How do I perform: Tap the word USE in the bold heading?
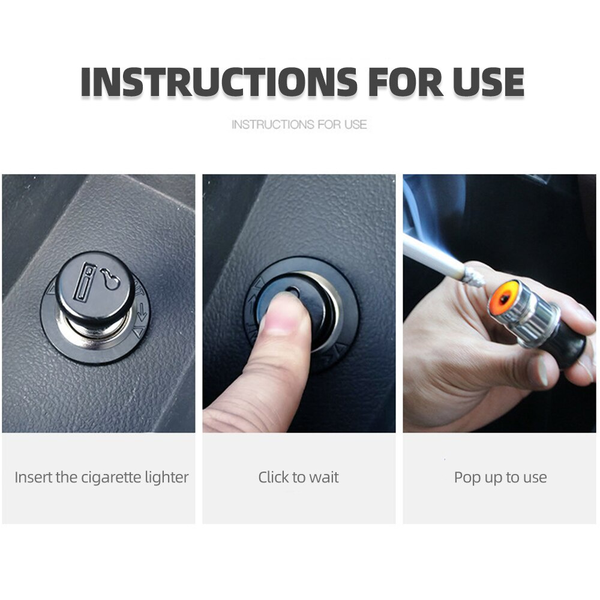click(488, 82)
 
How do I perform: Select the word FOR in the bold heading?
click(405, 82)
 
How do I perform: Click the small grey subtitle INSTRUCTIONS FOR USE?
click(299, 124)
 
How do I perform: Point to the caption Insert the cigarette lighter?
click(101, 477)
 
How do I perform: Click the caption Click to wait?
click(298, 477)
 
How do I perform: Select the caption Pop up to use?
click(500, 478)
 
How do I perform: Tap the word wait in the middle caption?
click(324, 478)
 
